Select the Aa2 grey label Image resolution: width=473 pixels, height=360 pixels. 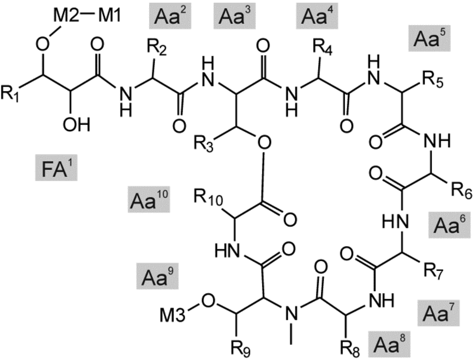[x=167, y=17]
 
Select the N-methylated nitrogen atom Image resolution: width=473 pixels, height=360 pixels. [x=291, y=316]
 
